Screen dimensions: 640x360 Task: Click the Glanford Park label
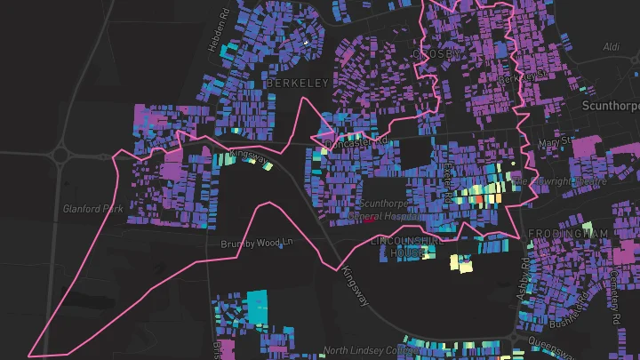tap(93, 210)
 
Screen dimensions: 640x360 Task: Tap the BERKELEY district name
tap(297, 83)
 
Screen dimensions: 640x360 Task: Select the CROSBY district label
tap(436, 54)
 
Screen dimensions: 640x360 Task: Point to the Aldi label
tap(612, 46)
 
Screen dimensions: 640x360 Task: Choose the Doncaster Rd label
tap(356, 142)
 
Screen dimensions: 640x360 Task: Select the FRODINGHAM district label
tap(568, 234)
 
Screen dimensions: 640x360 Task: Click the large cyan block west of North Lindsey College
tap(256, 305)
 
